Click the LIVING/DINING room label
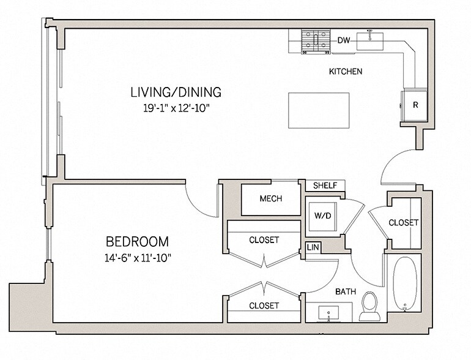point(176,92)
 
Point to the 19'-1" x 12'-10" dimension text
point(176,108)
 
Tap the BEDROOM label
point(138,241)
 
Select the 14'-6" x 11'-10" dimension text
point(138,258)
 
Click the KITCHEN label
point(346,72)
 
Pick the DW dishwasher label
point(344,40)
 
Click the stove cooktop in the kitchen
point(316,42)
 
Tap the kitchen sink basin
point(370,41)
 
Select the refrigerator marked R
point(414,105)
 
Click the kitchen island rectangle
point(319,110)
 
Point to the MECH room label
point(271,198)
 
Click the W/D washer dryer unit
point(323,217)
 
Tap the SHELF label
point(325,186)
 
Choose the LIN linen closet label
point(313,247)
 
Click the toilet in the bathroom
point(370,306)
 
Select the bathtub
point(404,283)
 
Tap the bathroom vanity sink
point(328,313)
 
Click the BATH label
point(346,291)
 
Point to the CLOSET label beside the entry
point(404,223)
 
